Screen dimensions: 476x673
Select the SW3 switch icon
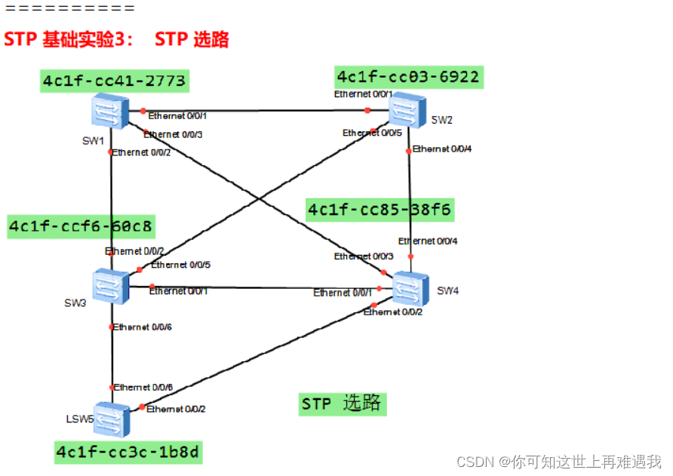(112, 287)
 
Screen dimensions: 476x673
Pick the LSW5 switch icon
(112, 418)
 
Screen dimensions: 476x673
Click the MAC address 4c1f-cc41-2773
(114, 81)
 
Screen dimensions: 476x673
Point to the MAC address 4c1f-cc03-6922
(408, 77)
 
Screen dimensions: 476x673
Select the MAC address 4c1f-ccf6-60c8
(81, 226)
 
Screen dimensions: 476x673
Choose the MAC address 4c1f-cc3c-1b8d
(128, 452)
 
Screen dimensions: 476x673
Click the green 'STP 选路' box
(342, 404)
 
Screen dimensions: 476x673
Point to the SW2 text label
(442, 120)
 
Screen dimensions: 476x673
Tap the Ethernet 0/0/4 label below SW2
(441, 149)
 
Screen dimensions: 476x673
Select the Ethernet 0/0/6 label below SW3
(143, 327)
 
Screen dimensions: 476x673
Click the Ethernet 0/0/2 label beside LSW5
(176, 409)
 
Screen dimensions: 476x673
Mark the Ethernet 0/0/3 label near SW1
(174, 134)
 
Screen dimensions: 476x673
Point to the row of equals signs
(70, 9)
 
